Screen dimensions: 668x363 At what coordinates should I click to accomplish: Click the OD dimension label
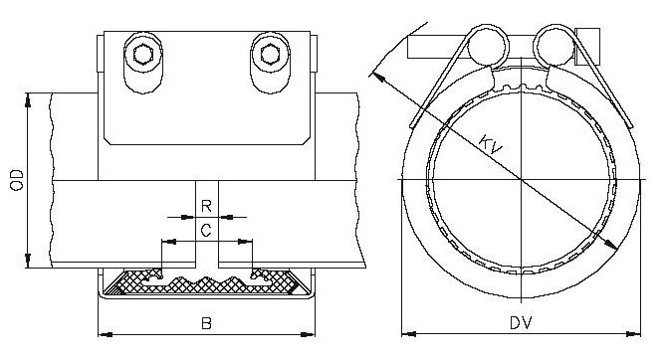[17, 180]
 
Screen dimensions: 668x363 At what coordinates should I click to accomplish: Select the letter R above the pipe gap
[206, 207]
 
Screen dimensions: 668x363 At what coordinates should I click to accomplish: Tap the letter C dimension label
[206, 231]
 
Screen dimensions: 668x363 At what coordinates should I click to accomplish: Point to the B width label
[206, 323]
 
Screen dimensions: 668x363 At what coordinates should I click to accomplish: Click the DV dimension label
[521, 323]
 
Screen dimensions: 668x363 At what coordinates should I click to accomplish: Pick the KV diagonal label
[491, 143]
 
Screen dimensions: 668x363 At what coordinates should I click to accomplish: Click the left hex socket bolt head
[143, 55]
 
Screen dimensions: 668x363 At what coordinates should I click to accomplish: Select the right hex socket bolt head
[270, 55]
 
